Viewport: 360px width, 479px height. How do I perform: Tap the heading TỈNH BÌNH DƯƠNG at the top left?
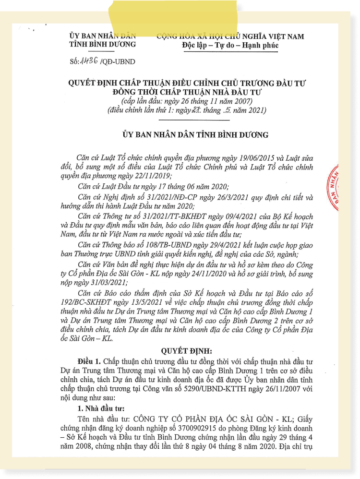point(102,45)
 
